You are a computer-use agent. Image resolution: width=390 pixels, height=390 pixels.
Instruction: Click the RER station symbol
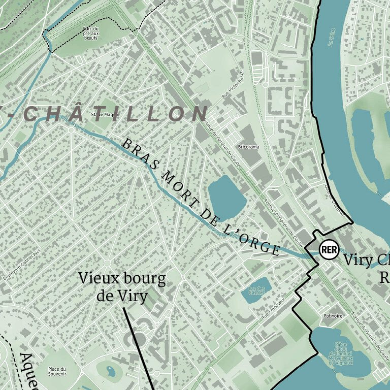coord(329,249)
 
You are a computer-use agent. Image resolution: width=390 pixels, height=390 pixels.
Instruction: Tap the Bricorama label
coord(248,148)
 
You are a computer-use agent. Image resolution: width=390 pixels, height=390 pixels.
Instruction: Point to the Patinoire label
coord(333,316)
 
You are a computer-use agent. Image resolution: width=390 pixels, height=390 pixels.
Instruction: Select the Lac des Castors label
coord(257,290)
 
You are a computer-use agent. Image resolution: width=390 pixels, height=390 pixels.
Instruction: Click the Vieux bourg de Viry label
coord(122,286)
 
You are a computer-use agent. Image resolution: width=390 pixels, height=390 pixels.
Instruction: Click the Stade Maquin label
coord(105,115)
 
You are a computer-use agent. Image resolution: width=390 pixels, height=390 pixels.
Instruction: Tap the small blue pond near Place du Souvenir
coord(111,371)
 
